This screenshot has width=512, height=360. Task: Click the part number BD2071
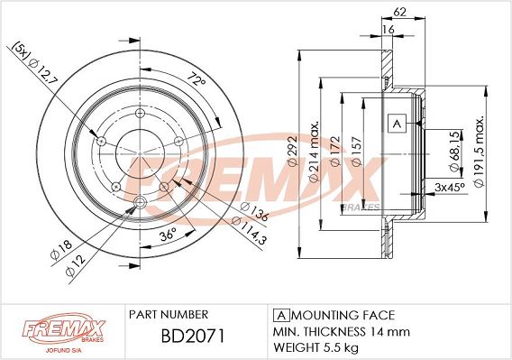pyautogui.click(x=193, y=336)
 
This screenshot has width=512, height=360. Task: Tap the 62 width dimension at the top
pyautogui.click(x=399, y=12)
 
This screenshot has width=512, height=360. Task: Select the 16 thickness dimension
pyautogui.click(x=389, y=30)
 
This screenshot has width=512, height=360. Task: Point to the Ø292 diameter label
pyautogui.click(x=292, y=150)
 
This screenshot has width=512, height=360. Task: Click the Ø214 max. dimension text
pyautogui.click(x=314, y=152)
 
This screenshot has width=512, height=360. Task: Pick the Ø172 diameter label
pyautogui.click(x=335, y=151)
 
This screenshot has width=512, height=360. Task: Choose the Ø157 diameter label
pyautogui.click(x=356, y=152)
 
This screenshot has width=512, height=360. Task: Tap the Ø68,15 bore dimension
pyautogui.click(x=455, y=151)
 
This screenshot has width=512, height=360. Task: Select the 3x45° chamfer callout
pyautogui.click(x=450, y=188)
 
